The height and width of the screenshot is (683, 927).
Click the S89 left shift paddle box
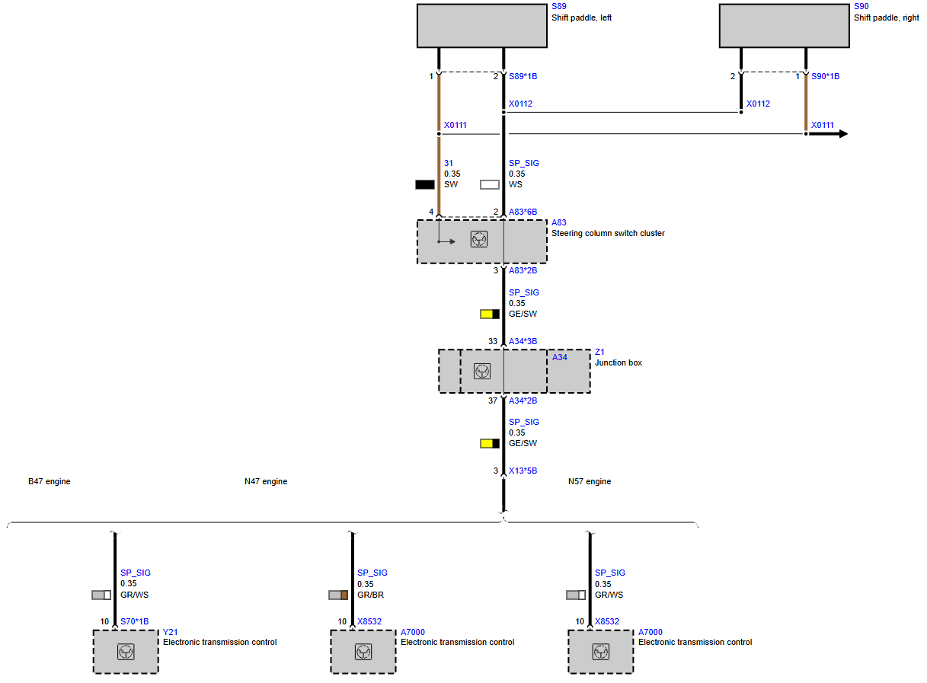(482, 26)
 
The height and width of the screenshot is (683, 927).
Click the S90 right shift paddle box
(785, 26)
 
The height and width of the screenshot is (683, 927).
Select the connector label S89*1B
(523, 77)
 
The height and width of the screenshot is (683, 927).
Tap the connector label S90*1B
(826, 77)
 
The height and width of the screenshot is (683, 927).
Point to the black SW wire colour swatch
(425, 185)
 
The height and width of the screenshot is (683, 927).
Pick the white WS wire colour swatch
(490, 185)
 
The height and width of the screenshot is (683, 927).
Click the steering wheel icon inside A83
(479, 240)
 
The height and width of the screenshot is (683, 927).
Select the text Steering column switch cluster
(609, 233)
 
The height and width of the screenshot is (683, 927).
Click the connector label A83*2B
(523, 270)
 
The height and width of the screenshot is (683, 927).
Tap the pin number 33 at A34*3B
(493, 342)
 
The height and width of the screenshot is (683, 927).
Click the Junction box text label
(619, 362)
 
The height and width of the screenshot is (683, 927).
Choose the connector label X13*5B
(523, 471)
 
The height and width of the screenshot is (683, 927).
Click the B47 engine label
(50, 482)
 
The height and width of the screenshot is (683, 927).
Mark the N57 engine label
(590, 482)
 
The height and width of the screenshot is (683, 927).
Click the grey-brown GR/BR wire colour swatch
(338, 595)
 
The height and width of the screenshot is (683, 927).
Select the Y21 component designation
(171, 633)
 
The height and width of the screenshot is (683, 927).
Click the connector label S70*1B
(135, 622)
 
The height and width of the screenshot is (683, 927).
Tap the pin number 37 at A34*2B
(493, 401)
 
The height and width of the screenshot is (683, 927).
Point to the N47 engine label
(266, 482)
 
